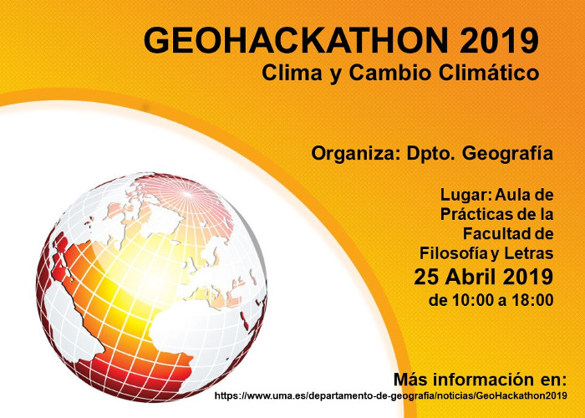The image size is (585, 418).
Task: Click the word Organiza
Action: (354, 153)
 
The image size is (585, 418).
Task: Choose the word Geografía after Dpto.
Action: (507, 154)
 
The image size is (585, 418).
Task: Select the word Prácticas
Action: (481, 214)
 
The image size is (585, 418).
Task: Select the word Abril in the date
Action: (470, 277)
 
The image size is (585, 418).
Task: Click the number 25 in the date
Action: (426, 277)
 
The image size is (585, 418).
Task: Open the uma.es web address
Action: (390, 395)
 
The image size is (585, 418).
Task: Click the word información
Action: (481, 380)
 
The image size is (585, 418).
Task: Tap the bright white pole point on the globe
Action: (186, 194)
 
